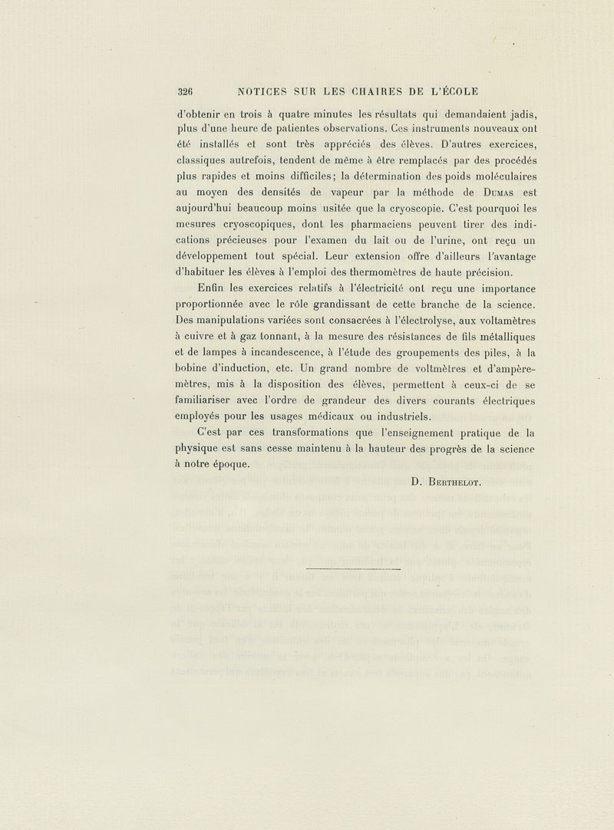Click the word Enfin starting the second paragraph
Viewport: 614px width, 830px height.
(x=210, y=288)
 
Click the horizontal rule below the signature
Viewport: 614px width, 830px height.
(x=353, y=570)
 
